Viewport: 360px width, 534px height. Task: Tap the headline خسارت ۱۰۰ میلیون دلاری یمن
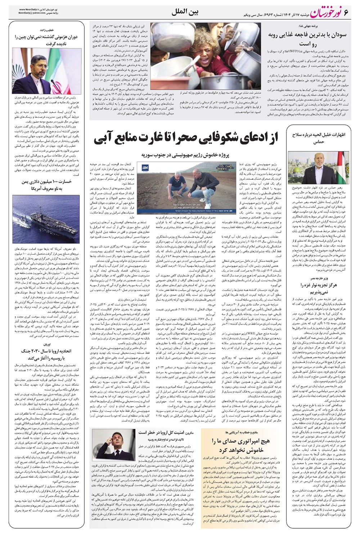click(x=47, y=185)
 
